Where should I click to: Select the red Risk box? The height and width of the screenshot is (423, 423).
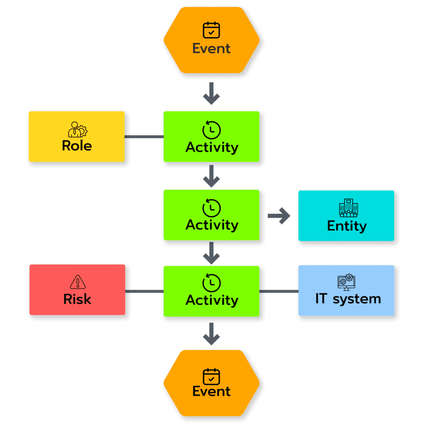point(77,290)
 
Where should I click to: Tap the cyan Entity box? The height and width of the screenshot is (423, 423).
point(346,216)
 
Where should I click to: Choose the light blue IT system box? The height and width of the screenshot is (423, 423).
point(346,290)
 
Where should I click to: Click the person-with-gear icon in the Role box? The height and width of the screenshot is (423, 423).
point(77,130)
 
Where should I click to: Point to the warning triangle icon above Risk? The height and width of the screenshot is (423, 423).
point(77,282)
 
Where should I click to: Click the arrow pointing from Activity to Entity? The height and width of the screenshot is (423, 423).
point(279,216)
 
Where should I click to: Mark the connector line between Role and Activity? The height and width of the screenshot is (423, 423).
point(144,136)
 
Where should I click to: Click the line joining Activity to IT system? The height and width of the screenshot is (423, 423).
point(279,292)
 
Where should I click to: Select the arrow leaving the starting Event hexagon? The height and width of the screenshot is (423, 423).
point(211,93)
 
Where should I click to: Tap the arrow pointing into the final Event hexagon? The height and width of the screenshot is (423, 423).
point(211,334)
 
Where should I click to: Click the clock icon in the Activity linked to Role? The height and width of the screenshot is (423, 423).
point(211,130)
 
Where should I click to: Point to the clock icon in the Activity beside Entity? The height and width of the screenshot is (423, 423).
point(211,208)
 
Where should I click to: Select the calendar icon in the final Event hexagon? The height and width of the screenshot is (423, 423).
point(211,377)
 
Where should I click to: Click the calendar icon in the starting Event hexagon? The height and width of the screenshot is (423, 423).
point(211,30)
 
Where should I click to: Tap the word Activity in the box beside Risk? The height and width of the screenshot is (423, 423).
point(212,300)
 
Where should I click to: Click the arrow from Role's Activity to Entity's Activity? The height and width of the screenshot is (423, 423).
point(211,176)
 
